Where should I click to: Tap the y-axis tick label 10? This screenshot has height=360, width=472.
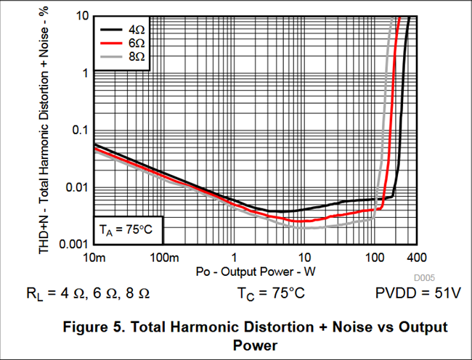tap(80, 16)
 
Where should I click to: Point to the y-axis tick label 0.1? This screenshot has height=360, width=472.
tap(77, 130)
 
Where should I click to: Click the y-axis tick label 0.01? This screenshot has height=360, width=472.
tap(74, 187)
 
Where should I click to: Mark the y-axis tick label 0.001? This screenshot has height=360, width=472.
tap(71, 244)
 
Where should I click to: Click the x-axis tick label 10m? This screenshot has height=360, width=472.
tap(94, 258)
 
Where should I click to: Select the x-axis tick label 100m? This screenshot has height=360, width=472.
tap(164, 258)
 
